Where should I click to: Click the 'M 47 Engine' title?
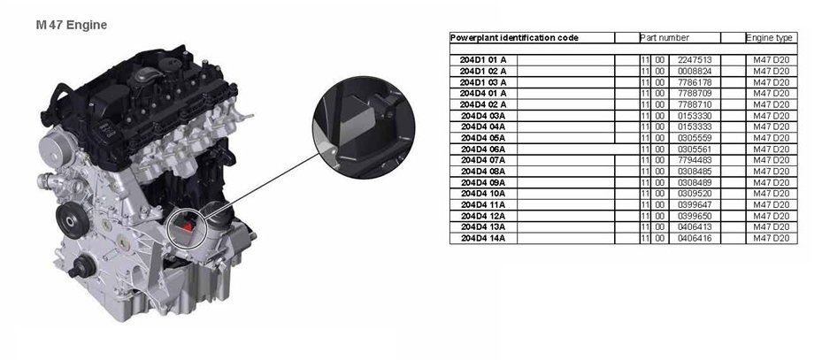point(72,26)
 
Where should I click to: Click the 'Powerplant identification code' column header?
point(503,38)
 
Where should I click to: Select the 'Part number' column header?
point(669,38)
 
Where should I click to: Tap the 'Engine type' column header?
point(770,38)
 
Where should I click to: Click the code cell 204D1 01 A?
point(484,59)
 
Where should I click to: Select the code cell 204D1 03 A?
point(484,81)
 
